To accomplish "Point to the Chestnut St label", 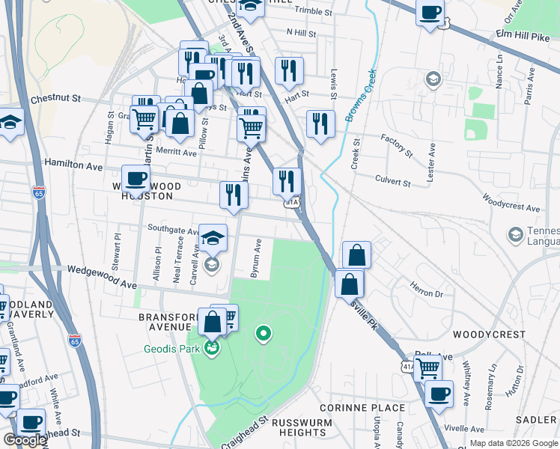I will click(x=55, y=98).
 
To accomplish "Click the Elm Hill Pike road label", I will click(x=523, y=34).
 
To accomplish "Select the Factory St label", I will click(x=396, y=145).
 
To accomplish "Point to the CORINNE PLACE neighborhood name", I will click(x=362, y=408).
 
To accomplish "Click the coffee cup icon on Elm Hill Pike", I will click(x=430, y=13).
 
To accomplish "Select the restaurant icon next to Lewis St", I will click(x=320, y=123).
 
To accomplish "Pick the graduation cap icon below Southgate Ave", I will click(x=213, y=238).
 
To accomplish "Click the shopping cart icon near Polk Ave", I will click(x=427, y=367).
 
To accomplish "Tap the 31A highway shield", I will click(x=292, y=202).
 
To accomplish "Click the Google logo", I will click(x=25, y=440).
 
